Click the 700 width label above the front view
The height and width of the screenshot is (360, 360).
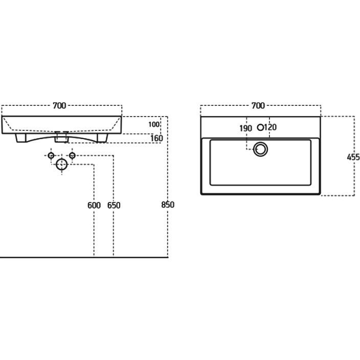tap(59, 106)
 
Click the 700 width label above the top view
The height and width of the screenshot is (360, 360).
tap(258, 106)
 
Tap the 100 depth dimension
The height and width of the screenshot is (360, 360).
tap(154, 124)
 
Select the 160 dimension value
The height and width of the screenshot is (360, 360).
tap(157, 138)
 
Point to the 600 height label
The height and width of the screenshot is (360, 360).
tap(94, 205)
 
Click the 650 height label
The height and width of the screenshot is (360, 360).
tap(114, 205)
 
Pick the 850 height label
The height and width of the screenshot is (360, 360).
tap(168, 205)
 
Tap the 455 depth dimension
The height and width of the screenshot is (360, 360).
tap(353, 157)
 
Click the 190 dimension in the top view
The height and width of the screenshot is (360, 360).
tap(245, 128)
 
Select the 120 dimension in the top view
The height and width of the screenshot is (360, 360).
tap(270, 127)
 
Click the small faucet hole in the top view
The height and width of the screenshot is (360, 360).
tap(261, 127)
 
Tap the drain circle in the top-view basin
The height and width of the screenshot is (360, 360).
tap(260, 149)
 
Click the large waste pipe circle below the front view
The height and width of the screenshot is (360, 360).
tap(61, 164)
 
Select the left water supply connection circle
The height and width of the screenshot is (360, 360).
tap(51, 155)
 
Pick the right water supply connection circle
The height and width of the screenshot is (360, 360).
tap(72, 155)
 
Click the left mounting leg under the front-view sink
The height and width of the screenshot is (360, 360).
tap(21, 138)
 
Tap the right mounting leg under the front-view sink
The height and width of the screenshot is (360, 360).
tap(102, 138)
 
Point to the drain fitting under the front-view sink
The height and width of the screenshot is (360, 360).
tap(61, 137)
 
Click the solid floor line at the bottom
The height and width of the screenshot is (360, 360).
tap(84, 257)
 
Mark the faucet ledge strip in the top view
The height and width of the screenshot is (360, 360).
tap(261, 127)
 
